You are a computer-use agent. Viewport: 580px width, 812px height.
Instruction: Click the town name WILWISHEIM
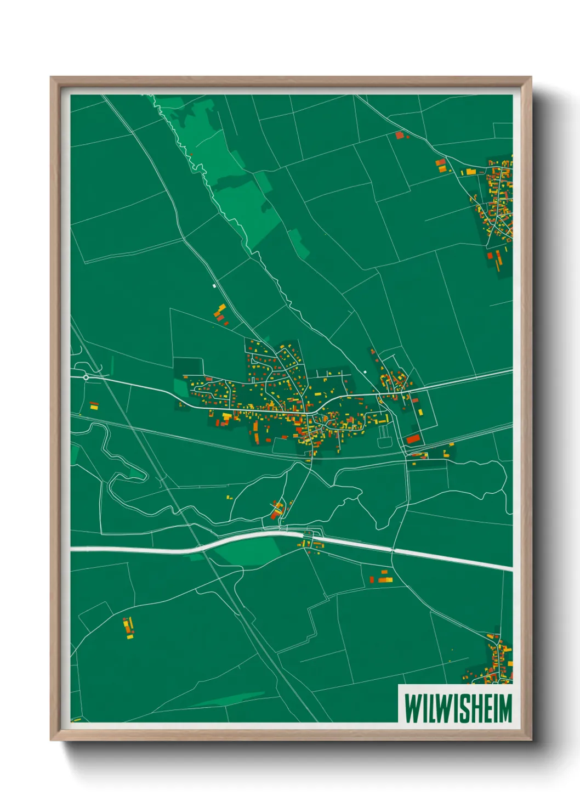pos(458,708)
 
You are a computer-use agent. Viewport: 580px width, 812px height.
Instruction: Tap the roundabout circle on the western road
pos(86,377)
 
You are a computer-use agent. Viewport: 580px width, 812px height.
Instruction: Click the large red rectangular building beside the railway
pos(413,439)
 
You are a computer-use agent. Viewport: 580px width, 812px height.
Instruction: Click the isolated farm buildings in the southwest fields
pos(128,628)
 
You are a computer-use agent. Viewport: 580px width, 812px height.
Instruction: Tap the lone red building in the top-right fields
pos(400,134)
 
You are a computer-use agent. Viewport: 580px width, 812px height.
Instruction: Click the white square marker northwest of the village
pos(214,286)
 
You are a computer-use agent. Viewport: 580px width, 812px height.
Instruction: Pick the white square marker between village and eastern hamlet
pos(365,372)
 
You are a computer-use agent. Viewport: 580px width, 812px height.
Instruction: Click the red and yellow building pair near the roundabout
pos(94,406)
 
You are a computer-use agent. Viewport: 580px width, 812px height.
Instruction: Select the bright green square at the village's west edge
pos(180,386)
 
